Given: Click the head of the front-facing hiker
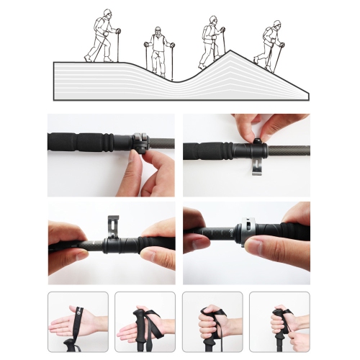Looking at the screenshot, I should [x=158, y=34].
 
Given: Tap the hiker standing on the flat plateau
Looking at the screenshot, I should [x=102, y=36].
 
